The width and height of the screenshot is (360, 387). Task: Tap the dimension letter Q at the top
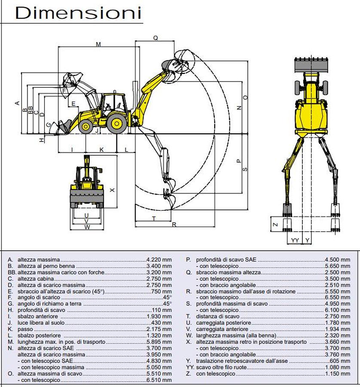point(155,38)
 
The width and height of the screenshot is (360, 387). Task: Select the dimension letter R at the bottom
point(174,224)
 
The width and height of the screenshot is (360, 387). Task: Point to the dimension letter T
point(154,218)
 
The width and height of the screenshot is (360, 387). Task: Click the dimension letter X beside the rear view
point(113,190)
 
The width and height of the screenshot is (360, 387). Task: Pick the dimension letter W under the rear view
point(87,227)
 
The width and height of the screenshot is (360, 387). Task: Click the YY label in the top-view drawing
point(295,240)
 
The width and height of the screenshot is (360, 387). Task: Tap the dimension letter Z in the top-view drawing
point(276,224)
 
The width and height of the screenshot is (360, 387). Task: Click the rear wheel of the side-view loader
point(116,124)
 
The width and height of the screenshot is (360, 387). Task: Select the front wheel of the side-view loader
point(85,126)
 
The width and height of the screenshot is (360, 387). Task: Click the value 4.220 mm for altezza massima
point(159,260)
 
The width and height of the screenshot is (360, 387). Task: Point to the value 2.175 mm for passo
point(159,329)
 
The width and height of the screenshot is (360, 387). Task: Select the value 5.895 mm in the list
point(159,342)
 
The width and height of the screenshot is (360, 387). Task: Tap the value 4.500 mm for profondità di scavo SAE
point(337,260)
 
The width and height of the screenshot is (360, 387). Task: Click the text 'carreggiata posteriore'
point(223,323)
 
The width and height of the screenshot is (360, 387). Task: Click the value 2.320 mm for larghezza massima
point(337,335)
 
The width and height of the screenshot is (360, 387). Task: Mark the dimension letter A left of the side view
point(17,103)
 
